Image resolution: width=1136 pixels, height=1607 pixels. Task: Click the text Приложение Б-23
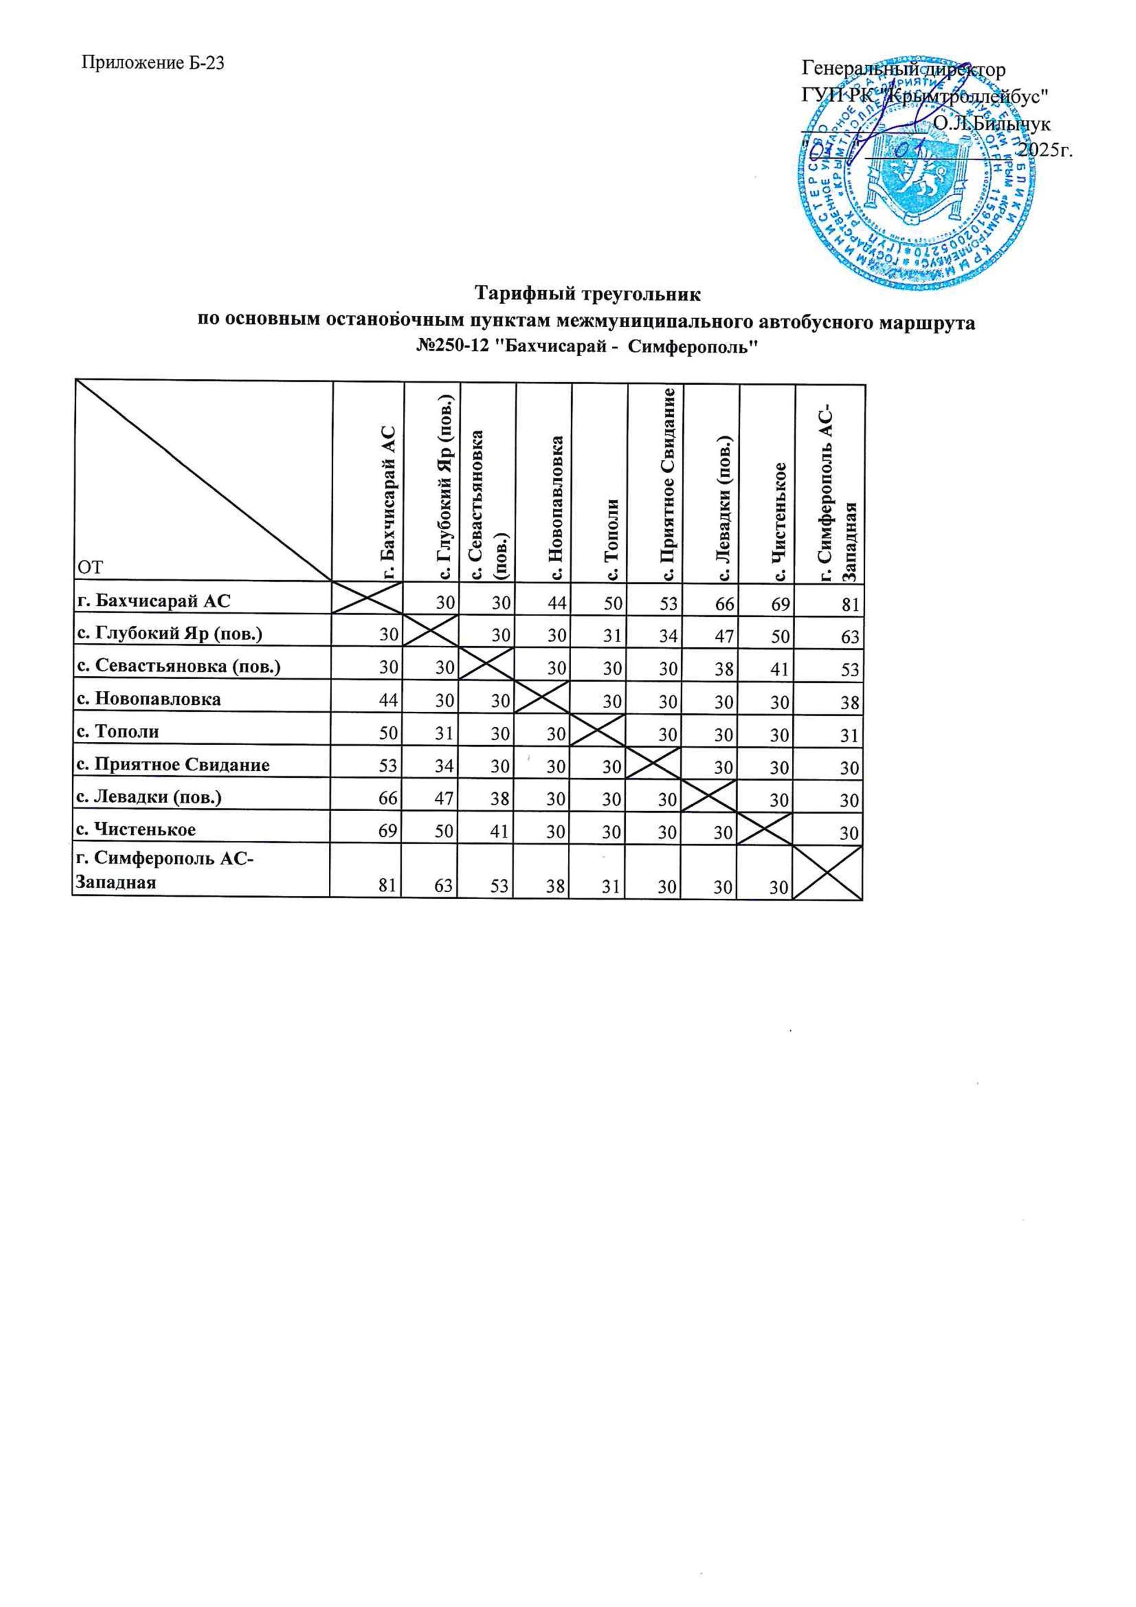pos(153,63)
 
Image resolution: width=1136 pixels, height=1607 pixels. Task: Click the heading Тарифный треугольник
pos(587,292)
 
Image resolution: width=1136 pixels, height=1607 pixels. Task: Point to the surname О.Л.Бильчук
pos(991,124)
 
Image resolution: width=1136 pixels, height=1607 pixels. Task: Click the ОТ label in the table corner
pos(90,567)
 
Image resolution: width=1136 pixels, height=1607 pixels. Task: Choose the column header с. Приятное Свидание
pos(670,485)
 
